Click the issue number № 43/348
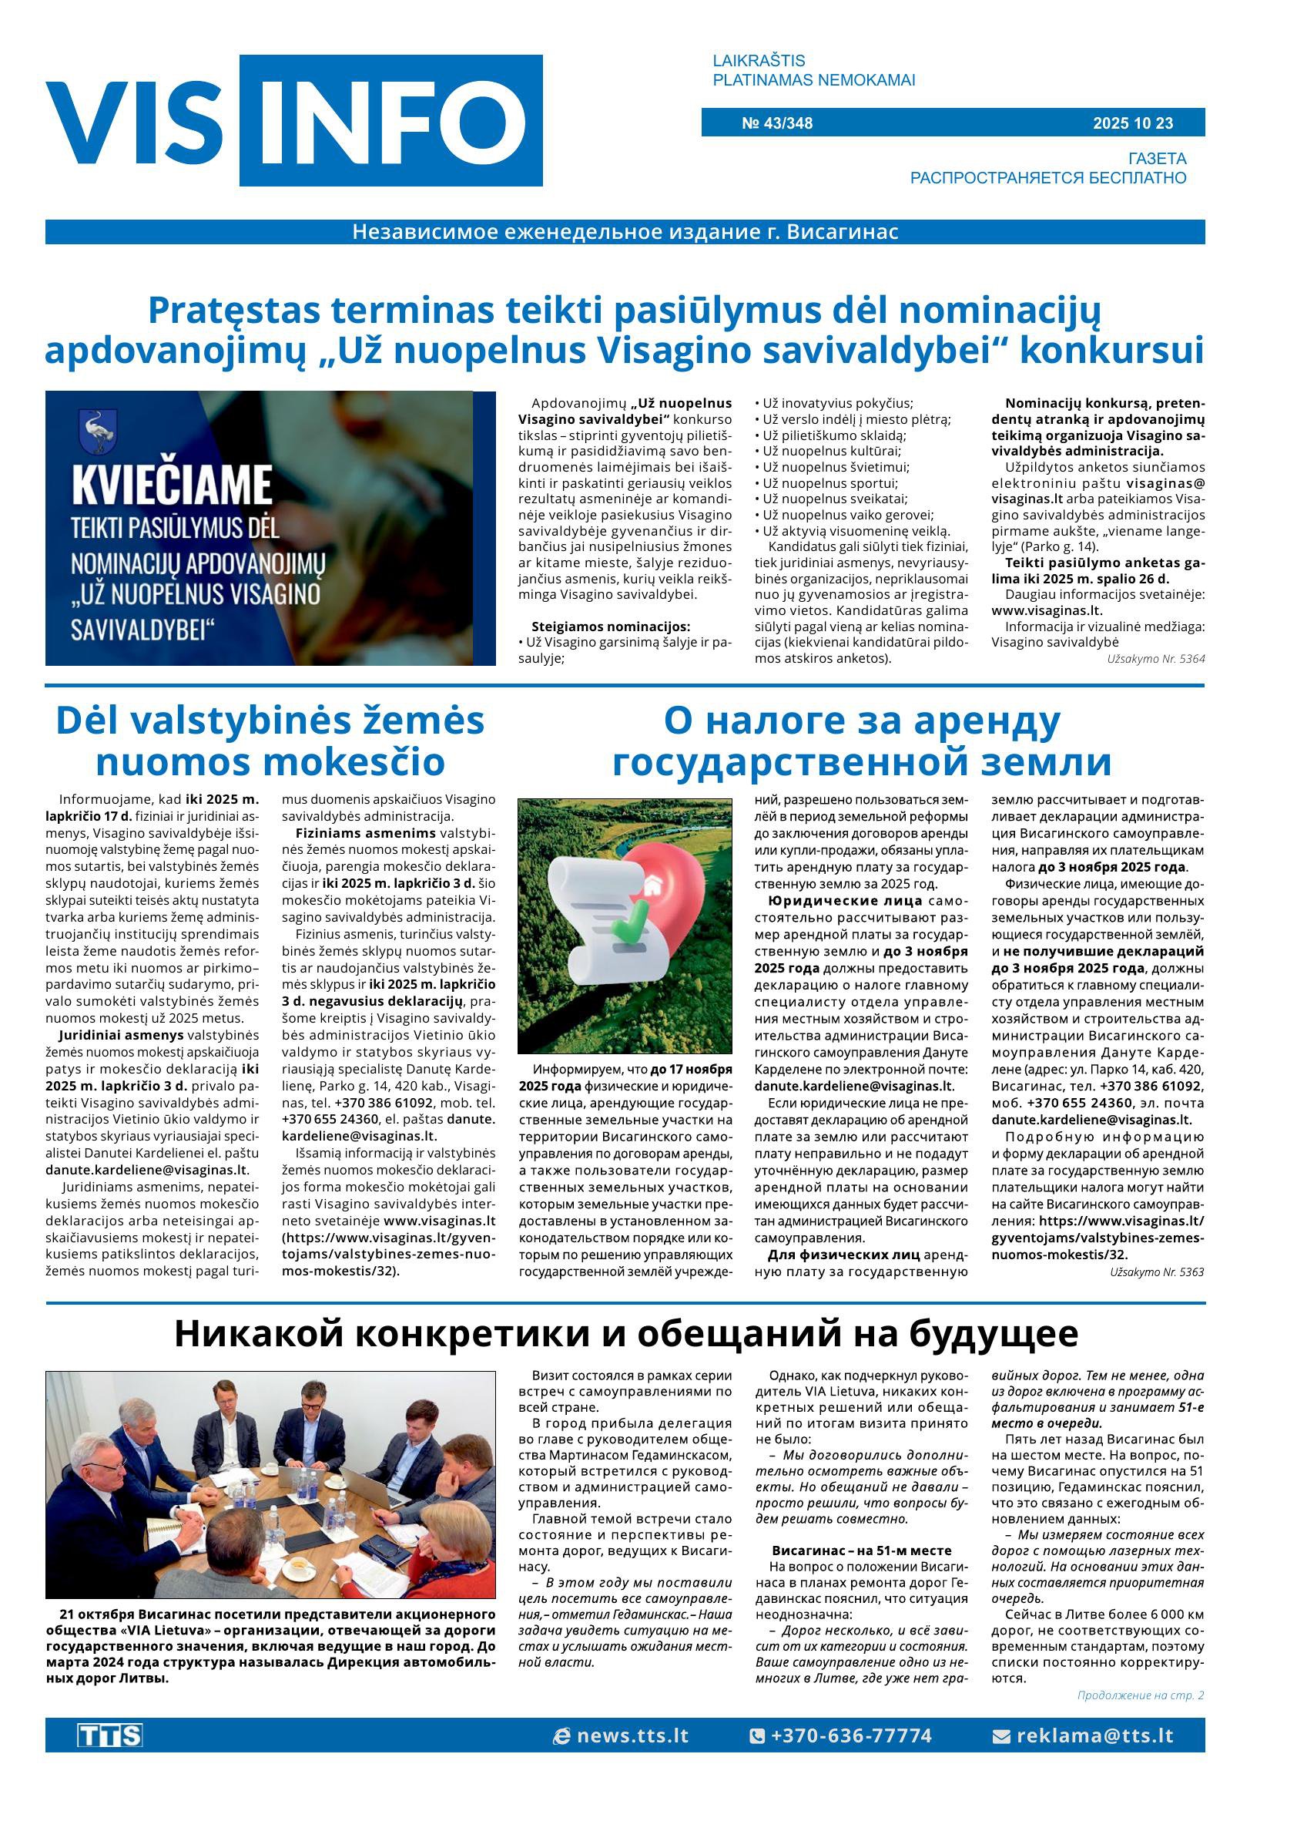[776, 123]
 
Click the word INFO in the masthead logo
[390, 121]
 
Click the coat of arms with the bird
[99, 432]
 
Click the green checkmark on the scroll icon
[630, 926]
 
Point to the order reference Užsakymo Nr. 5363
[1155, 1272]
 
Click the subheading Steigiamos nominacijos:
[610, 627]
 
